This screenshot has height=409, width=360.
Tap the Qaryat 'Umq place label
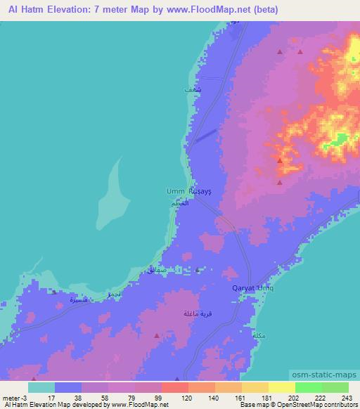coord(252,288)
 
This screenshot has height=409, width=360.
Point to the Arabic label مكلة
coord(258,336)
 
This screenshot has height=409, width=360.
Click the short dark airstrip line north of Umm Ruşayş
coord(202,135)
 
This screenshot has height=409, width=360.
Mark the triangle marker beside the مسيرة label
coord(54,292)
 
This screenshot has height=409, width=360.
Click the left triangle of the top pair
coord(281,52)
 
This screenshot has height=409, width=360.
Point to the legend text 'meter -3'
coord(15,398)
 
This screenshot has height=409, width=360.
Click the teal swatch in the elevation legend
coord(41,387)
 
